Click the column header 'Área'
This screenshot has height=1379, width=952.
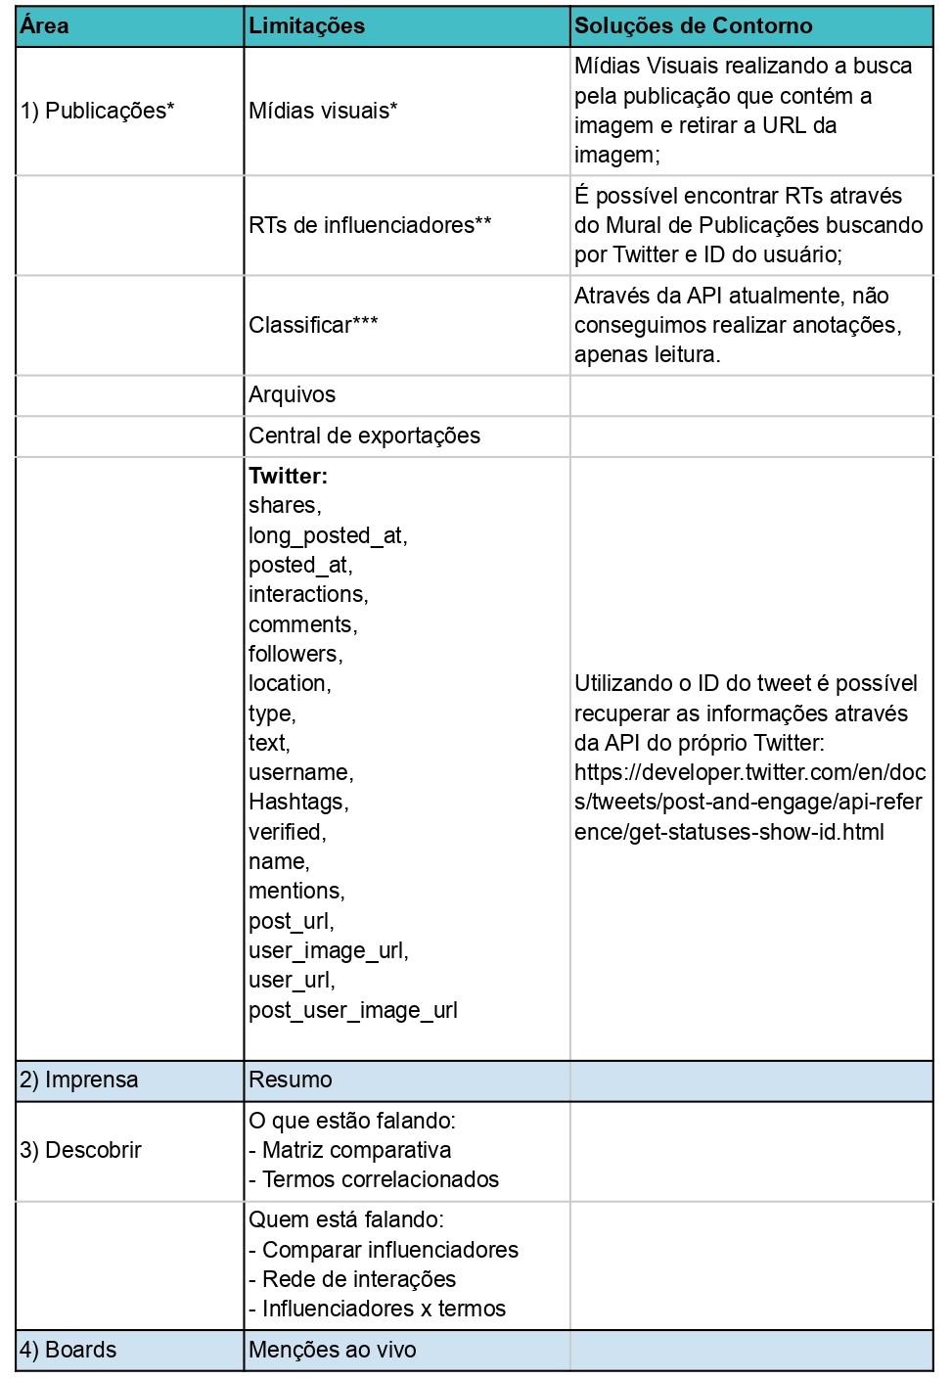point(45,25)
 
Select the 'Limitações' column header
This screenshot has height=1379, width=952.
point(306,25)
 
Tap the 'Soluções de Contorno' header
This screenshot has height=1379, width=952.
point(693,25)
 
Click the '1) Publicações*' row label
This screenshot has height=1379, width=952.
point(98,111)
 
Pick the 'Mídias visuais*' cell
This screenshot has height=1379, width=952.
point(323,111)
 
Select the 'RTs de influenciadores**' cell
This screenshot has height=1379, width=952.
point(370,225)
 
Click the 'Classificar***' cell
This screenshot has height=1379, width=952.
point(313,325)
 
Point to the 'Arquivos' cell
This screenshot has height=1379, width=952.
point(292,394)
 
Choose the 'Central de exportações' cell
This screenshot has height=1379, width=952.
point(364,436)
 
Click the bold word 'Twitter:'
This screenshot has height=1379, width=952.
point(288,476)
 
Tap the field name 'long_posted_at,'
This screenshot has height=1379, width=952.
point(328,535)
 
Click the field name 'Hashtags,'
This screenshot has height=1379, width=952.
point(298,802)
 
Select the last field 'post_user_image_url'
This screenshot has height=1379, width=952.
point(353,1010)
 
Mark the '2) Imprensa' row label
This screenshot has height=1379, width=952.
point(79,1080)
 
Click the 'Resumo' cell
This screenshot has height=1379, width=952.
point(291,1080)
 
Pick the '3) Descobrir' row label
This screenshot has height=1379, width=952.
point(81,1150)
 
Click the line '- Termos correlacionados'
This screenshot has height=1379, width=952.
point(374,1179)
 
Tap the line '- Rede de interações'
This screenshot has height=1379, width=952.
point(352,1279)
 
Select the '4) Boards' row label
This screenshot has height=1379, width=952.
point(68,1350)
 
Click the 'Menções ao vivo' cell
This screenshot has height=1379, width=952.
point(333,1350)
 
